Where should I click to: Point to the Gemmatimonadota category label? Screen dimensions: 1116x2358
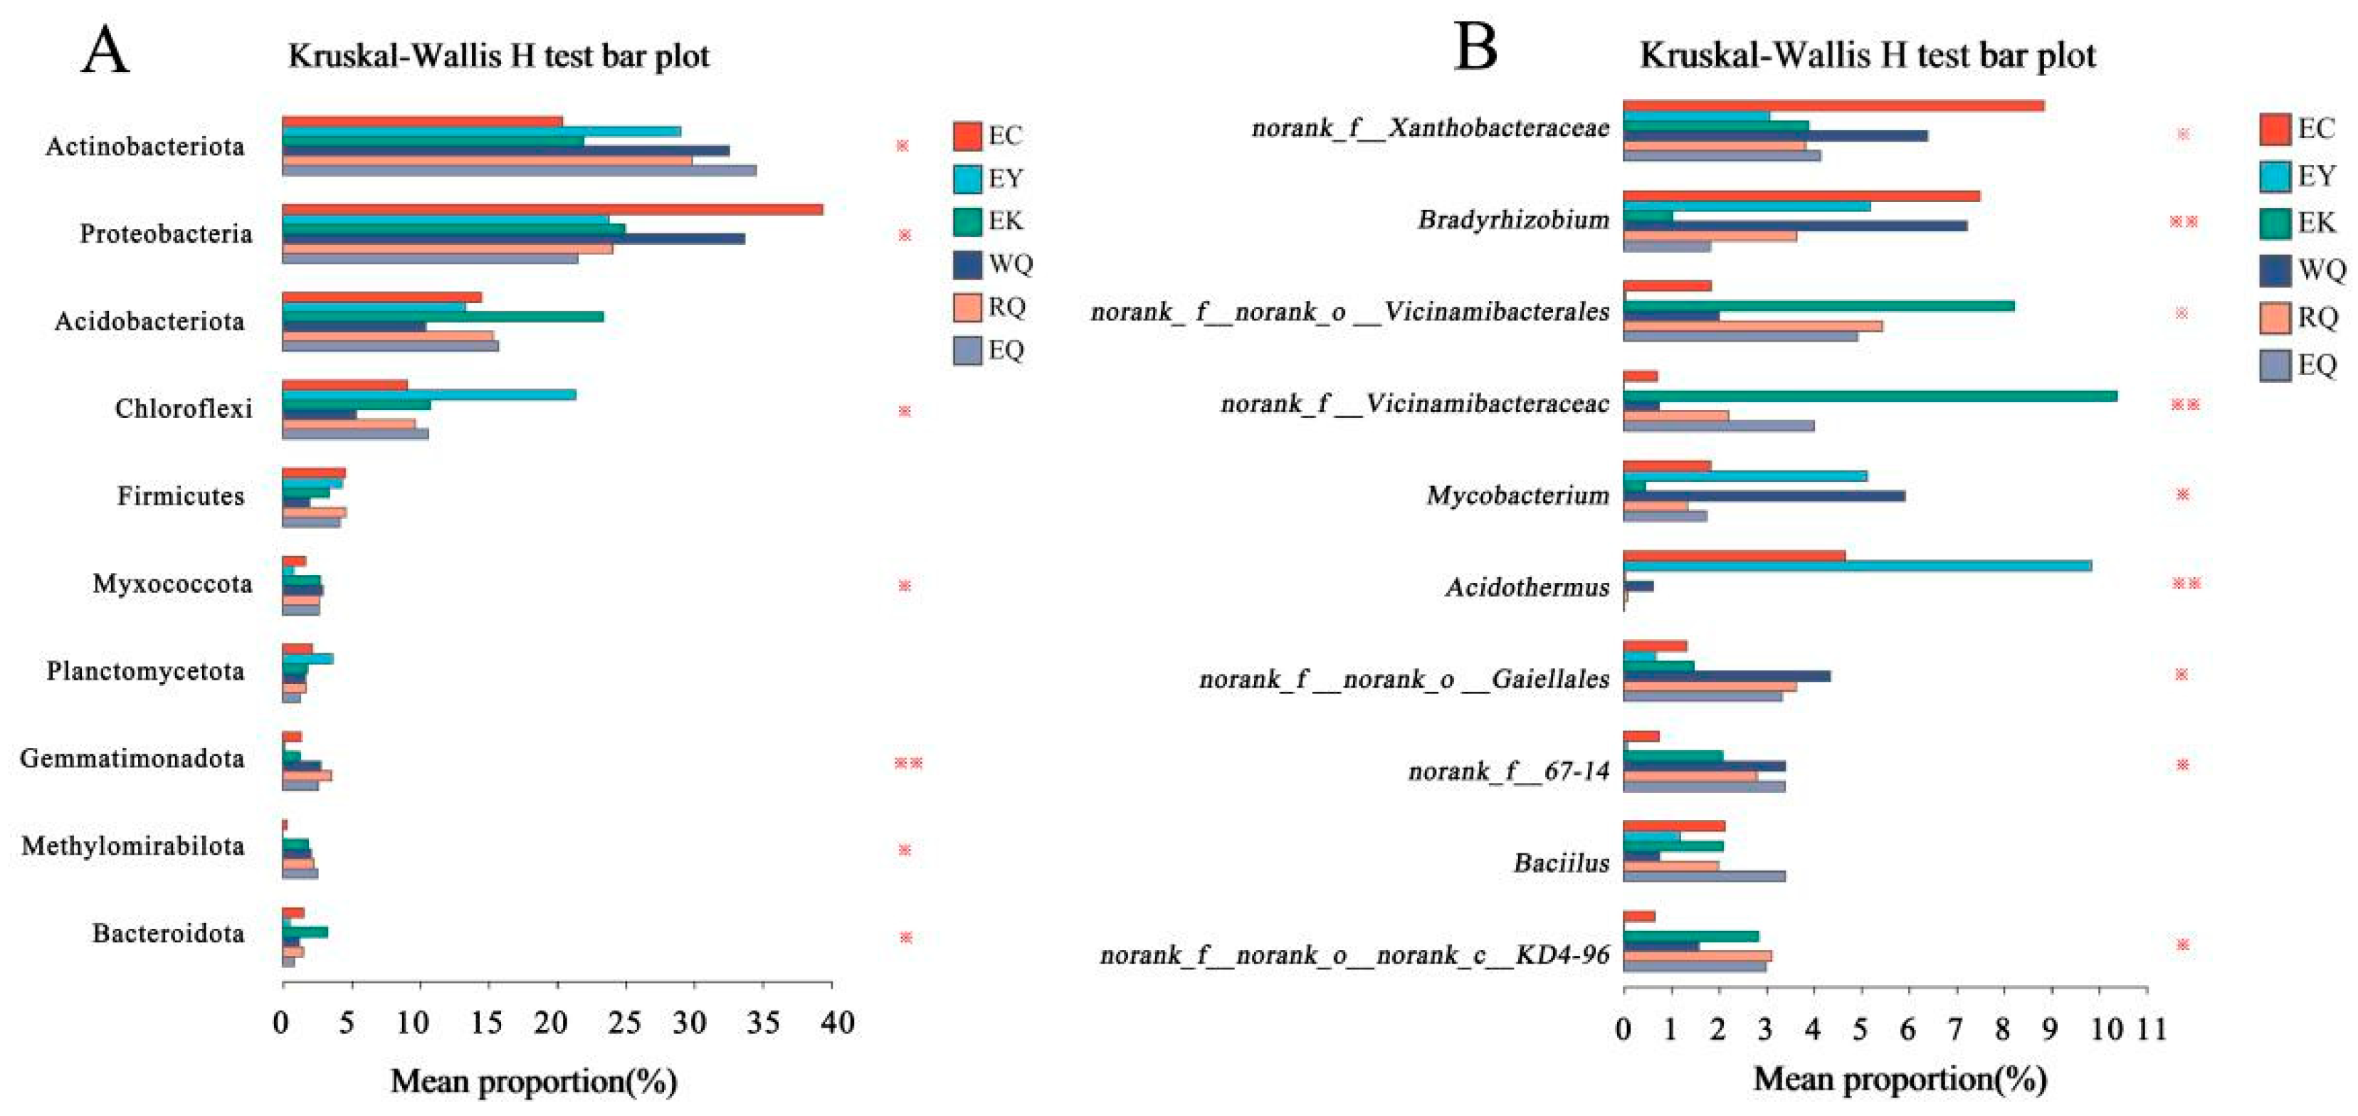coord(132,759)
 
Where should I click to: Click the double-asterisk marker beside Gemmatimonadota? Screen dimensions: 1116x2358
coord(908,762)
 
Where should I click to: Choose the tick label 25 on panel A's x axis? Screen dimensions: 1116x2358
coord(625,1023)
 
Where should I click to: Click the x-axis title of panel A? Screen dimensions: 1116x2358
coord(534,1082)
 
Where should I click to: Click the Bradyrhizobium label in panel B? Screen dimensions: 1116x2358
coord(1513,221)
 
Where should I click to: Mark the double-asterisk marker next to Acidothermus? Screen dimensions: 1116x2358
coord(2186,583)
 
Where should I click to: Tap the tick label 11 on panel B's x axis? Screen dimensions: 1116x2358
coord(2151,1029)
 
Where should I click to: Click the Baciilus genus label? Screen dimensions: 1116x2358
coord(1561,863)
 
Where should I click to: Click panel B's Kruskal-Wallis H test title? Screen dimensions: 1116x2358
coord(1868,56)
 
